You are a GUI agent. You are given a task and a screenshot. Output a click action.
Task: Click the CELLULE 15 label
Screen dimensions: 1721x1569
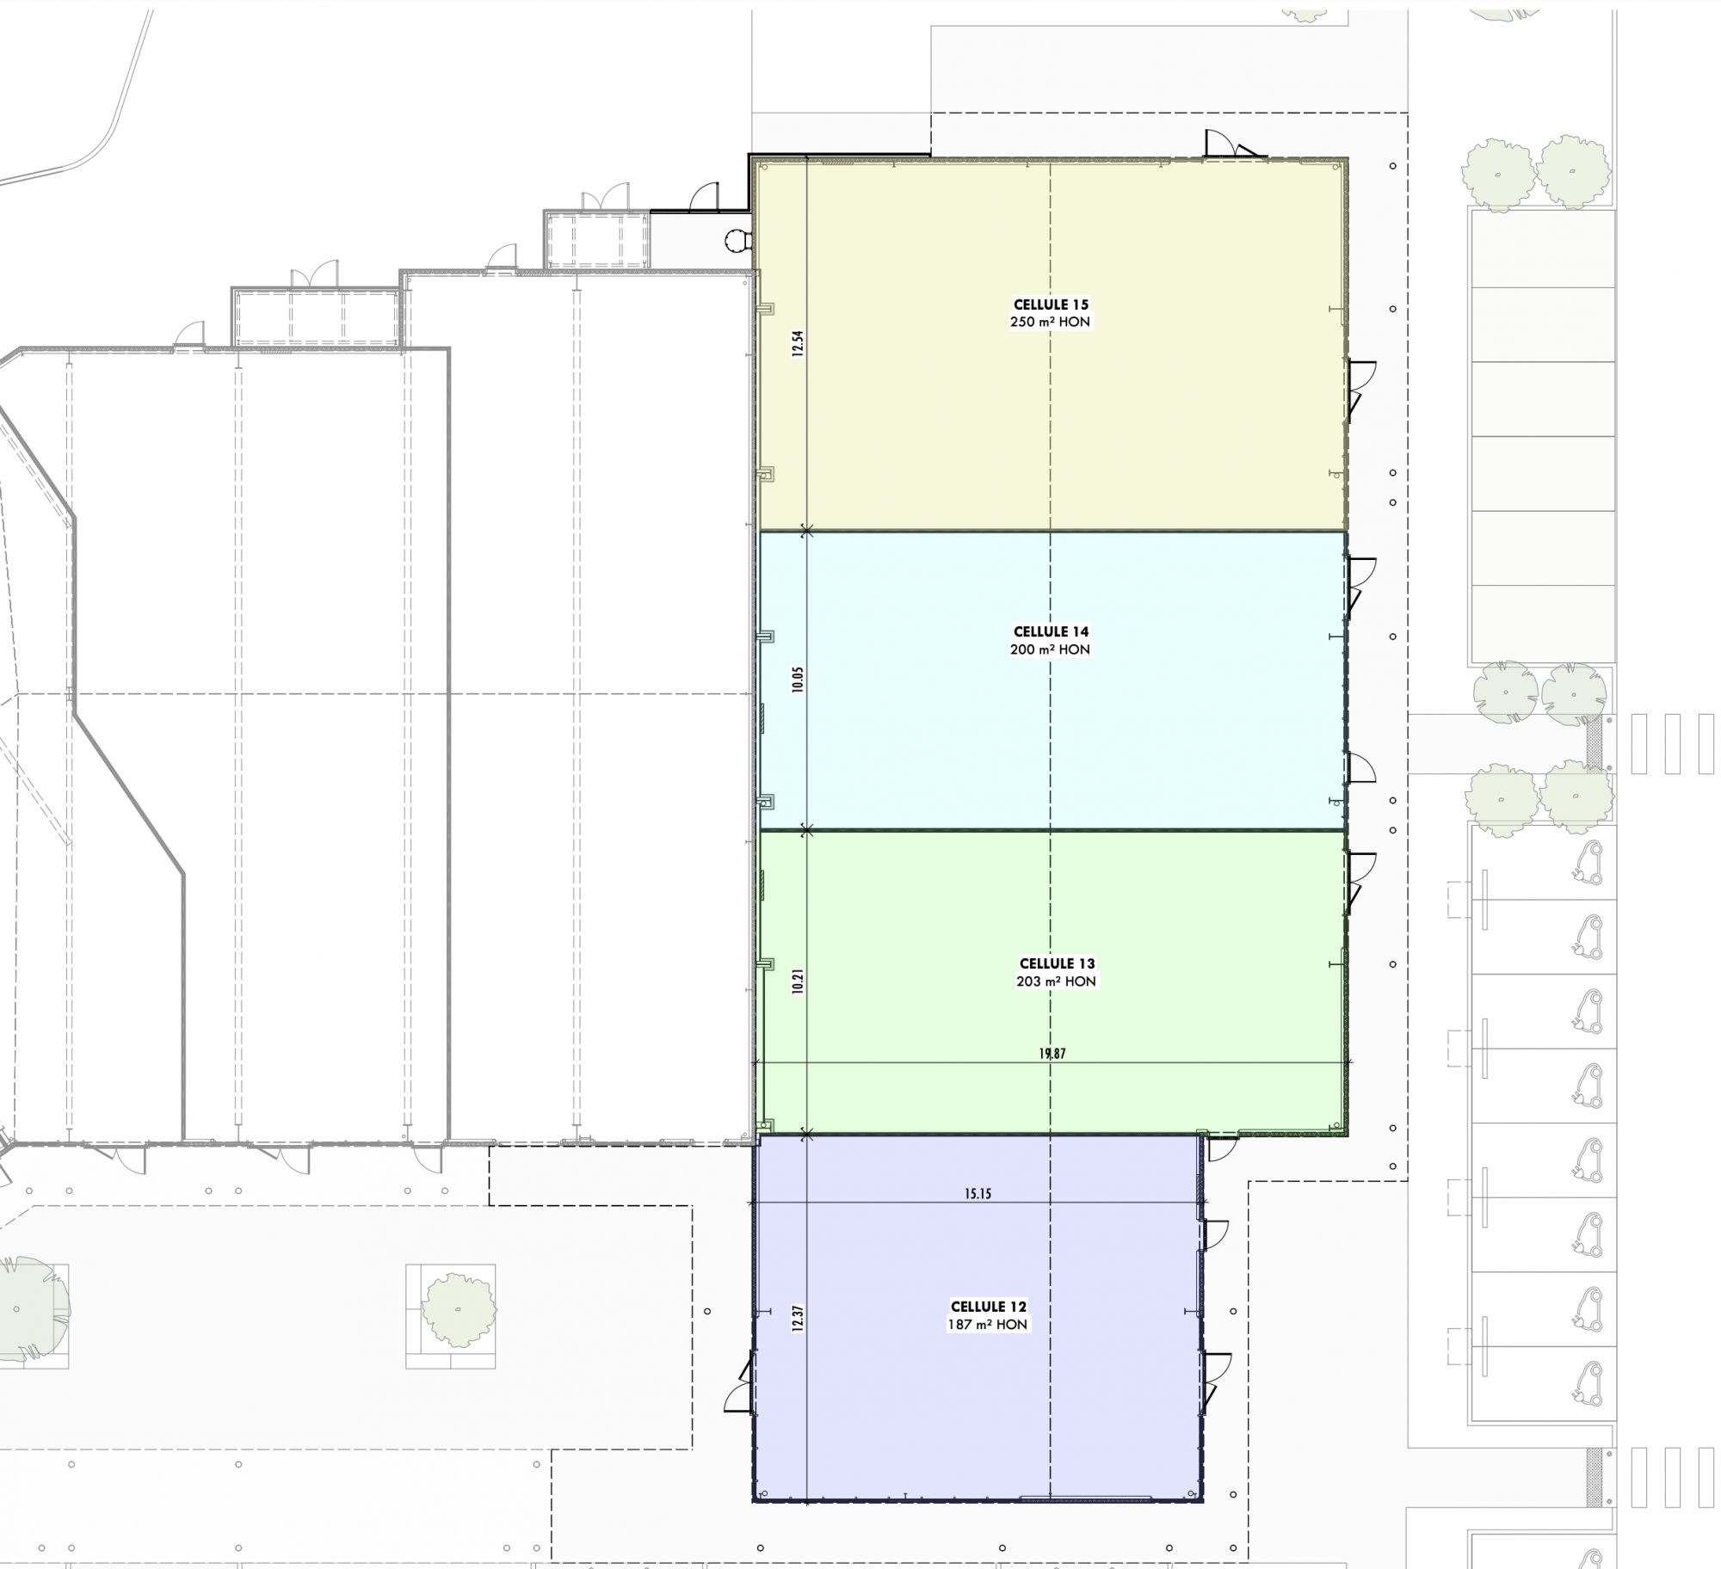point(1051,305)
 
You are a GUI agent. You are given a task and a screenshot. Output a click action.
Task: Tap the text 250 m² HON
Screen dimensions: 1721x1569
point(1051,322)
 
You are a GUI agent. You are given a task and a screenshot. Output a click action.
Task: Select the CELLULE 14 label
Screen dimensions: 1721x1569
point(1051,632)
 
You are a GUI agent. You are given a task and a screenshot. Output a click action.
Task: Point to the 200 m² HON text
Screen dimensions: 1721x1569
point(1051,649)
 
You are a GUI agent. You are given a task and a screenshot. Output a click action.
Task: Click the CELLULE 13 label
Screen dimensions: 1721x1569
point(1057,963)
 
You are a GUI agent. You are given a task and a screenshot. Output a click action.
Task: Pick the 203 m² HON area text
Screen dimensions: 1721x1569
point(1057,981)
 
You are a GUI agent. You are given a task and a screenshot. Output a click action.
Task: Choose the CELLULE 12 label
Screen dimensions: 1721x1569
point(988,1307)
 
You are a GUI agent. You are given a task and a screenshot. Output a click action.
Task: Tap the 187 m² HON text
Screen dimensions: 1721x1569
point(988,1325)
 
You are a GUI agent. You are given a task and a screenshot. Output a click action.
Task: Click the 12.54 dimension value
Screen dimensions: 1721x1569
point(798,344)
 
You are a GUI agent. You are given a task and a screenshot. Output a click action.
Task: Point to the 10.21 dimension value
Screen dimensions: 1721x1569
point(798,981)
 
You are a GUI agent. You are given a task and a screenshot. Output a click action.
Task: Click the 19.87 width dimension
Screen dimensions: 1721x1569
point(1052,1054)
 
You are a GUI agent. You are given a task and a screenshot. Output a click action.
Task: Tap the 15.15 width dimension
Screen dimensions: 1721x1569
point(978,1194)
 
